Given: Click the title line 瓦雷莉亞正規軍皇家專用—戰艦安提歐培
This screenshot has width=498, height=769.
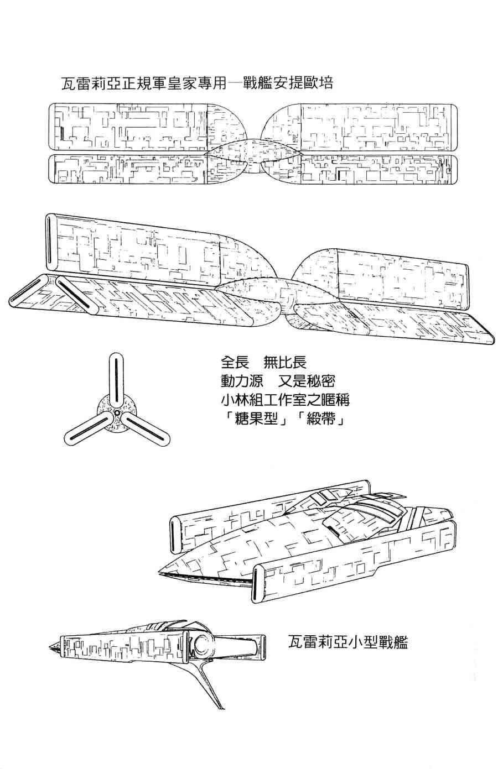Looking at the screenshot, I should (197, 85).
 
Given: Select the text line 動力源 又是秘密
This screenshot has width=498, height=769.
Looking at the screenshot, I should (277, 381).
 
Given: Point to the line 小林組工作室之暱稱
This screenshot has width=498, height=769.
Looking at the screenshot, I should (284, 400).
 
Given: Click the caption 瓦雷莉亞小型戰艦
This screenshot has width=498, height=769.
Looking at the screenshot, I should (348, 643).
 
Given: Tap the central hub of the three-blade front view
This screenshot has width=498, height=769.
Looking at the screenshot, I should (117, 412).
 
